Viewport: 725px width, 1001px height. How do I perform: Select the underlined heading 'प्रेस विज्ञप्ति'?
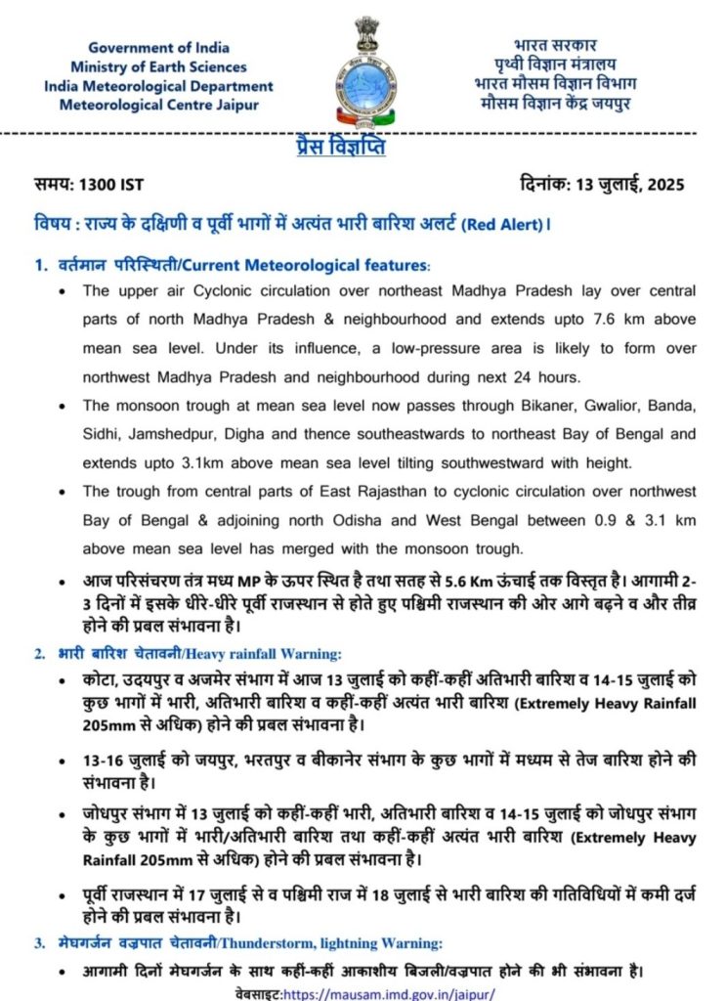click(x=340, y=148)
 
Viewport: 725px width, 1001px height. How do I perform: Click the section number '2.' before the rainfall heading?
click(x=40, y=653)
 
